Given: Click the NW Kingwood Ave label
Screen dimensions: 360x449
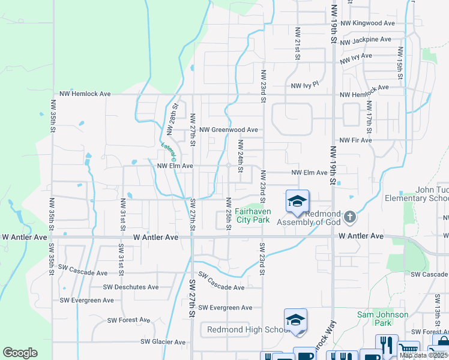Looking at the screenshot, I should pos(367,23).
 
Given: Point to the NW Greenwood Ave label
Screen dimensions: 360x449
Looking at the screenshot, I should pos(229,130).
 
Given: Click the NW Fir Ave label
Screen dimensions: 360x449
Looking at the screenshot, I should pos(355,140).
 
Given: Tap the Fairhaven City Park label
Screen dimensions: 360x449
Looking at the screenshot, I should pos(253,215).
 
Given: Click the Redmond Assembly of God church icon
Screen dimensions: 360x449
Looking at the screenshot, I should pos(351,216).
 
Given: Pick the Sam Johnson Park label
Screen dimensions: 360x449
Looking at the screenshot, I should pos(382,319).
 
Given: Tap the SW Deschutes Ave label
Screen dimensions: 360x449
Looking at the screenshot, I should pos(131,287).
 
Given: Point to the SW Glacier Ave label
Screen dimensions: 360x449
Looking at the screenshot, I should pos(163,342).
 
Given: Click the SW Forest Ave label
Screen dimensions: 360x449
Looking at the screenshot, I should pos(126,320).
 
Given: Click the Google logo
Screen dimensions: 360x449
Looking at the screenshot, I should pos(20,353).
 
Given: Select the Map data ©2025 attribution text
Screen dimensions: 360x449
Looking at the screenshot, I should pos(423,355).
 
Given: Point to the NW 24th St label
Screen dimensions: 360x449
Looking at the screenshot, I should pos(241,156).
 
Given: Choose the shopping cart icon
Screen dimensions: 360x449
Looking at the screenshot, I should pos(408,350).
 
